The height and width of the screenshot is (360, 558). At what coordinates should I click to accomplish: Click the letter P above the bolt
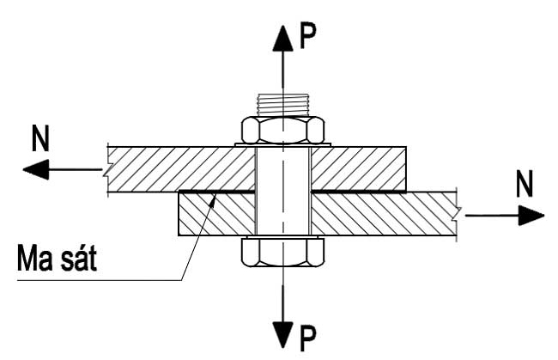[x=307, y=36]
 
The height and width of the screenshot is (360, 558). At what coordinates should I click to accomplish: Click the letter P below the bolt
[x=307, y=339]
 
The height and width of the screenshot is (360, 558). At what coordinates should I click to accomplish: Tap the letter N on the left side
[x=40, y=138]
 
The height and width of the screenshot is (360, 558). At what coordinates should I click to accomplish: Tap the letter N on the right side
[x=525, y=183]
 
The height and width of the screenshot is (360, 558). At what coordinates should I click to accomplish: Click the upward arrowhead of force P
[x=283, y=39]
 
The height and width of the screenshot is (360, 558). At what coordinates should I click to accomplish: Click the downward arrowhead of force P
[x=283, y=335]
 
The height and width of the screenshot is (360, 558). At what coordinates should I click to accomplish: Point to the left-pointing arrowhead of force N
[x=35, y=169]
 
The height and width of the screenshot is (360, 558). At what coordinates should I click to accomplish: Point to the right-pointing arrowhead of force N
[x=531, y=215]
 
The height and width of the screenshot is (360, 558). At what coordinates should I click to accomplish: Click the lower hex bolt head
[x=283, y=253]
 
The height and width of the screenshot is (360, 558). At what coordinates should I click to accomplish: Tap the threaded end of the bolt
[x=283, y=105]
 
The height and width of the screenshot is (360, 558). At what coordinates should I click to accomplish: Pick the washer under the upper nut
[x=283, y=145]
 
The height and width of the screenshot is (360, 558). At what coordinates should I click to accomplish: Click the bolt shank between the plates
[x=283, y=192]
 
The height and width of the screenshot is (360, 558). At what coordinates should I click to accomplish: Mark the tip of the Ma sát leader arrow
[x=215, y=193]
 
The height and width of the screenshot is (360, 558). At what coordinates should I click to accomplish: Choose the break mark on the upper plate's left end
[x=106, y=170]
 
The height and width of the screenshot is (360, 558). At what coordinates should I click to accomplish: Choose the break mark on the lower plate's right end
[x=457, y=215]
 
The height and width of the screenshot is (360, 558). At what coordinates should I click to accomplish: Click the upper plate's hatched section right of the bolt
[x=359, y=168]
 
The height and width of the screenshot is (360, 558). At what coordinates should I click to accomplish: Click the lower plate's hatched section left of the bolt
[x=216, y=214]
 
